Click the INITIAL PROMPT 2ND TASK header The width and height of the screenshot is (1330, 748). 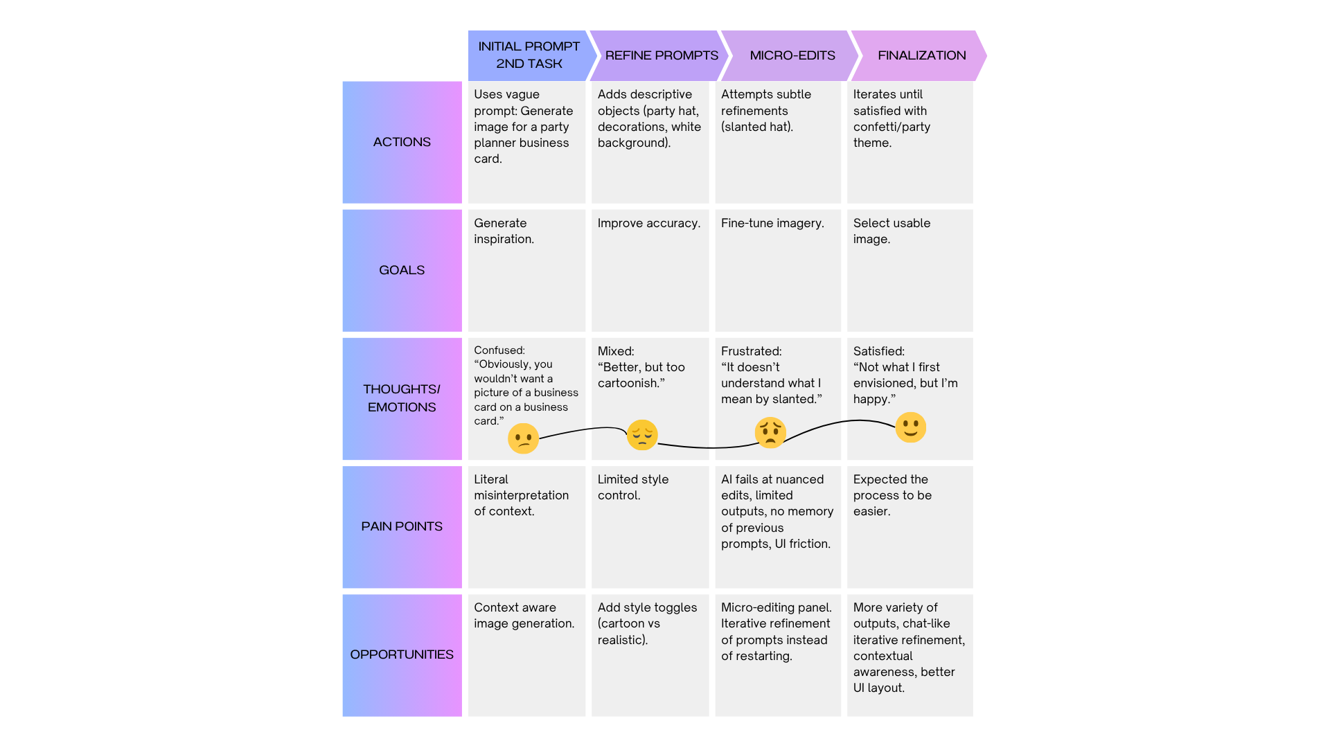pyautogui.click(x=529, y=55)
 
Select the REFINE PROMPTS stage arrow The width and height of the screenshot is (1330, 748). pyautogui.click(x=661, y=55)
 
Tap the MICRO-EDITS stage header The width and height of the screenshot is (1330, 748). pyautogui.click(x=792, y=55)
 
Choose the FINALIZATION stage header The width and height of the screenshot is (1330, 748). pyautogui.click(x=921, y=55)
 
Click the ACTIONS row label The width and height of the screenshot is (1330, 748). pyautogui.click(x=402, y=142)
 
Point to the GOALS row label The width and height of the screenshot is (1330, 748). pyautogui.click(x=402, y=270)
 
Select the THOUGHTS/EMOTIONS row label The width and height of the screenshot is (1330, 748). pyautogui.click(x=402, y=398)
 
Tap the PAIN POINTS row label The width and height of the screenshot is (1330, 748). pyautogui.click(x=402, y=526)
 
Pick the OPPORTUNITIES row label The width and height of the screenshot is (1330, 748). pyautogui.click(x=402, y=654)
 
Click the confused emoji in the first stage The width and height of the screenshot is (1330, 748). pyautogui.click(x=523, y=439)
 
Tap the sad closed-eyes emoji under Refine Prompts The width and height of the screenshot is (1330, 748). pyautogui.click(x=642, y=435)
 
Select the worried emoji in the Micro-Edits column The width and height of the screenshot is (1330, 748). pyautogui.click(x=770, y=432)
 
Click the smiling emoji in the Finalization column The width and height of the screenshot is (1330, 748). pyautogui.click(x=910, y=427)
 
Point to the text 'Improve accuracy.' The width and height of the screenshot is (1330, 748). pyautogui.click(x=648, y=223)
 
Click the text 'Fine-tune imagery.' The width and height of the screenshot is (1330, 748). pyautogui.click(x=772, y=223)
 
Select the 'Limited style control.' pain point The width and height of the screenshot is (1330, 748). pyautogui.click(x=632, y=487)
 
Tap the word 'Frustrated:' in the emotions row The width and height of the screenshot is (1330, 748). pyautogui.click(x=751, y=351)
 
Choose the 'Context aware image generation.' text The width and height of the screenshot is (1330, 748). pyautogui.click(x=524, y=615)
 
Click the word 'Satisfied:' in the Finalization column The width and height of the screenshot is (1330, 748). pyautogui.click(x=878, y=351)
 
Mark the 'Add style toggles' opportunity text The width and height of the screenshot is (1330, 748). pyautogui.click(x=647, y=607)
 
